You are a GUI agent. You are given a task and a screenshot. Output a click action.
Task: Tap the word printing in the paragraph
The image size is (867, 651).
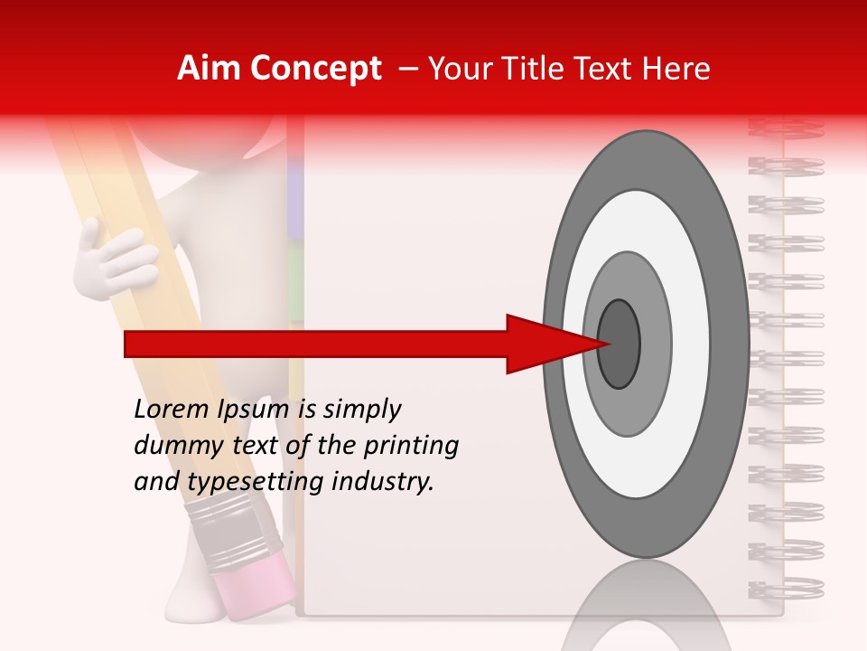pos(411,446)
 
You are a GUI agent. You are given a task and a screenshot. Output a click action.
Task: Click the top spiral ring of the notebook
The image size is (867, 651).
pos(786,127)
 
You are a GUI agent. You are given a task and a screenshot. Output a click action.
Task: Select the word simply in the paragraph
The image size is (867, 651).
pos(361,410)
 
